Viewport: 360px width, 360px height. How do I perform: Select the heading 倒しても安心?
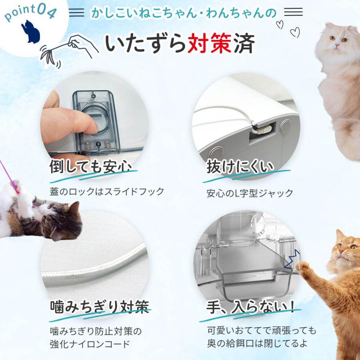pos(90,167)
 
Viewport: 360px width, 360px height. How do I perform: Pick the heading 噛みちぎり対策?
pos(99,307)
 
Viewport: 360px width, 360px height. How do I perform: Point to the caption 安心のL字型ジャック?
pos(250,194)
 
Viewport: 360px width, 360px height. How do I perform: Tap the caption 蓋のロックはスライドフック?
pos(107,192)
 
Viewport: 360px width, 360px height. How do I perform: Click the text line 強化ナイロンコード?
pos(90,343)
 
